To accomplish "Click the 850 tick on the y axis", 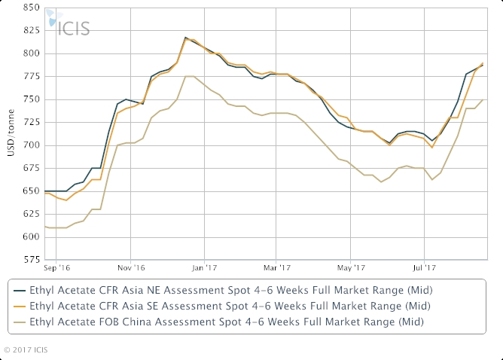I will pyautogui.click(x=30, y=8).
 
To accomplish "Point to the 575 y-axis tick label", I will pyautogui.click(x=30, y=260).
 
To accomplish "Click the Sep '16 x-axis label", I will pyautogui.click(x=57, y=267).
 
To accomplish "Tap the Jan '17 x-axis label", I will pyautogui.click(x=205, y=267).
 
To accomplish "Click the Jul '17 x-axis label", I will pyautogui.click(x=424, y=267).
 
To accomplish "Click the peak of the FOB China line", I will pyautogui.click(x=190, y=76).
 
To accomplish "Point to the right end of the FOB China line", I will pyautogui.click(x=483, y=99).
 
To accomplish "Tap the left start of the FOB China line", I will pyautogui.click(x=44, y=226).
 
